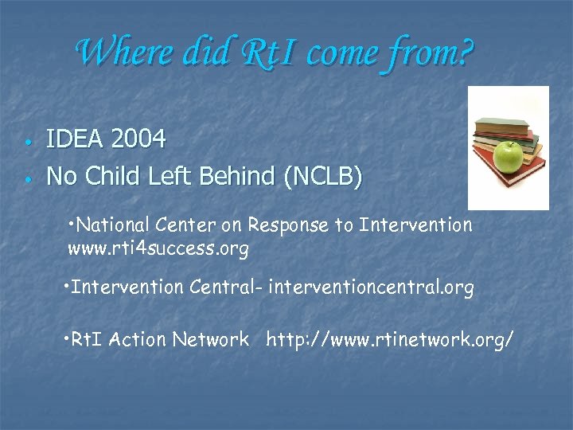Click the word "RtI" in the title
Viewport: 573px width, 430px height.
click(x=262, y=53)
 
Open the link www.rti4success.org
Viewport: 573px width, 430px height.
click(x=158, y=249)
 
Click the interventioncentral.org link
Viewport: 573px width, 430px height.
click(x=371, y=287)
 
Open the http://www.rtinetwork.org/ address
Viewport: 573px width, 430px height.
click(x=389, y=340)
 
